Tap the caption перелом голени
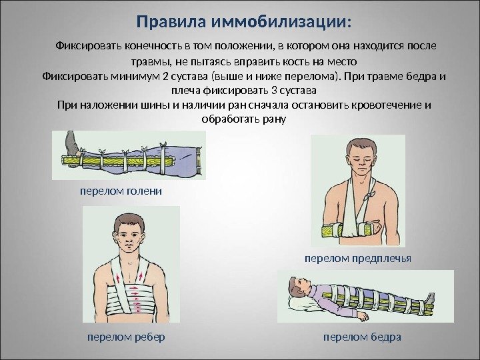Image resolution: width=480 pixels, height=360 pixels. pyautogui.click(x=121, y=191)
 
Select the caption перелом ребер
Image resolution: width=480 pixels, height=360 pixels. pyautogui.click(x=126, y=337)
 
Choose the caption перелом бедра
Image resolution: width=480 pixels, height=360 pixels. pyautogui.click(x=362, y=337)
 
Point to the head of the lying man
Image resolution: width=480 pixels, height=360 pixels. pyautogui.click(x=297, y=289)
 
